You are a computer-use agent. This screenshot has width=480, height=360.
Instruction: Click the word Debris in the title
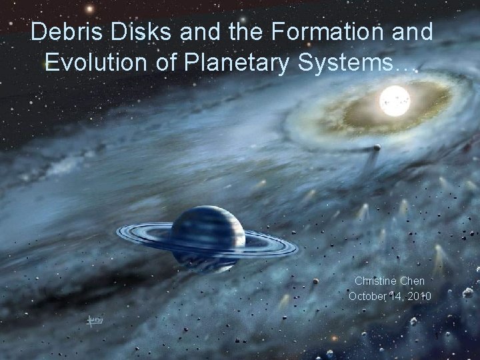[x=62, y=31]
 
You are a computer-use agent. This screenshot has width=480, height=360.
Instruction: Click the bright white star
[x=394, y=101]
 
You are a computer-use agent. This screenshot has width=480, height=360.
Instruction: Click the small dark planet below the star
[x=377, y=147]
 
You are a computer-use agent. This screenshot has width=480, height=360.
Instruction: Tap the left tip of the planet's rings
[x=119, y=232]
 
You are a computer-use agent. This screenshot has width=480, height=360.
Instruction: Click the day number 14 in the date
[x=397, y=296]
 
